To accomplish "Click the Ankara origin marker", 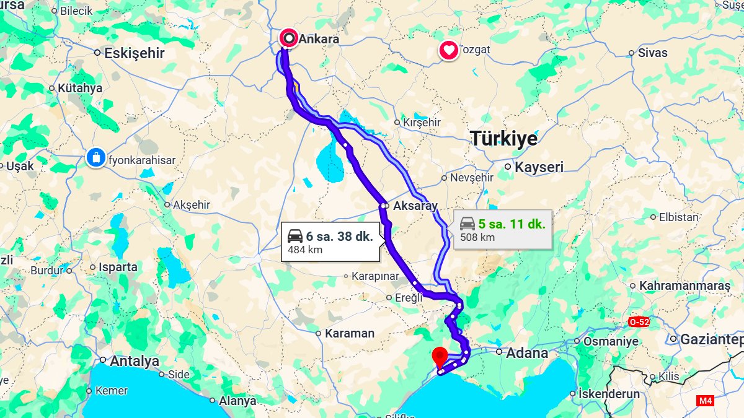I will pos(289,38).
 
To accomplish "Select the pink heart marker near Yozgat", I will pos(449,50).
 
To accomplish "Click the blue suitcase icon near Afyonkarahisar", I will pos(96,157).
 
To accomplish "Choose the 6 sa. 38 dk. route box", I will pos(330,242).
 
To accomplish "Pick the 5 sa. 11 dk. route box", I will pos(503,230).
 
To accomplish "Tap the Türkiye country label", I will pos(503,139).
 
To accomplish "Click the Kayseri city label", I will pos(539,167).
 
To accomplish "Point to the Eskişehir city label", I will pos(134,53).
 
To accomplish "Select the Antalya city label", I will pos(134,360).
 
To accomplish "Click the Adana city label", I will pos(527,354).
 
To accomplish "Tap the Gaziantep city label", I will pos(711,339).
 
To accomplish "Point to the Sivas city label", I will pos(652,53).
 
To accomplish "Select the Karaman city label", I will pos(350,333).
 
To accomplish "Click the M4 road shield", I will pos(705,401).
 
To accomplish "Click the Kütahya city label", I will pos(79,88).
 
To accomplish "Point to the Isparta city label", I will pos(118,268).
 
